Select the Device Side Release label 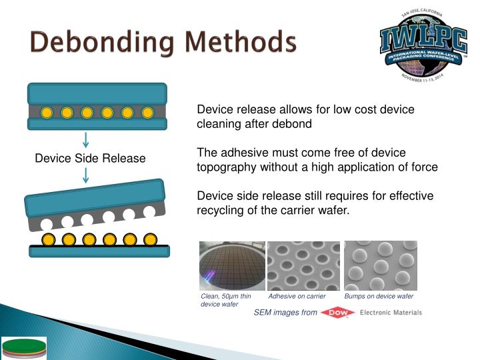pos(90,159)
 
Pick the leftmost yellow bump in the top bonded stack pos(47,113)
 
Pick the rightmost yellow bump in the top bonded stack pos(147,113)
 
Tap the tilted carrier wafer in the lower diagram pos(95,199)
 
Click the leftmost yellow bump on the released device pos(49,239)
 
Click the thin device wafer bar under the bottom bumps pos(99,251)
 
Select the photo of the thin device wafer pos(232,265)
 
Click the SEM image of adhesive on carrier pos(303,265)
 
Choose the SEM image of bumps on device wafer pos(380,265)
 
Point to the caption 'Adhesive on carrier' pos(297,296)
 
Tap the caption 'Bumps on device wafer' pos(379,296)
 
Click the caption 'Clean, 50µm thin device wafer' pos(226,300)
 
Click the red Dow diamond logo pos(337,313)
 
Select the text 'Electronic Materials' pos(390,313)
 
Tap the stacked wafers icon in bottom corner pos(23,348)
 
